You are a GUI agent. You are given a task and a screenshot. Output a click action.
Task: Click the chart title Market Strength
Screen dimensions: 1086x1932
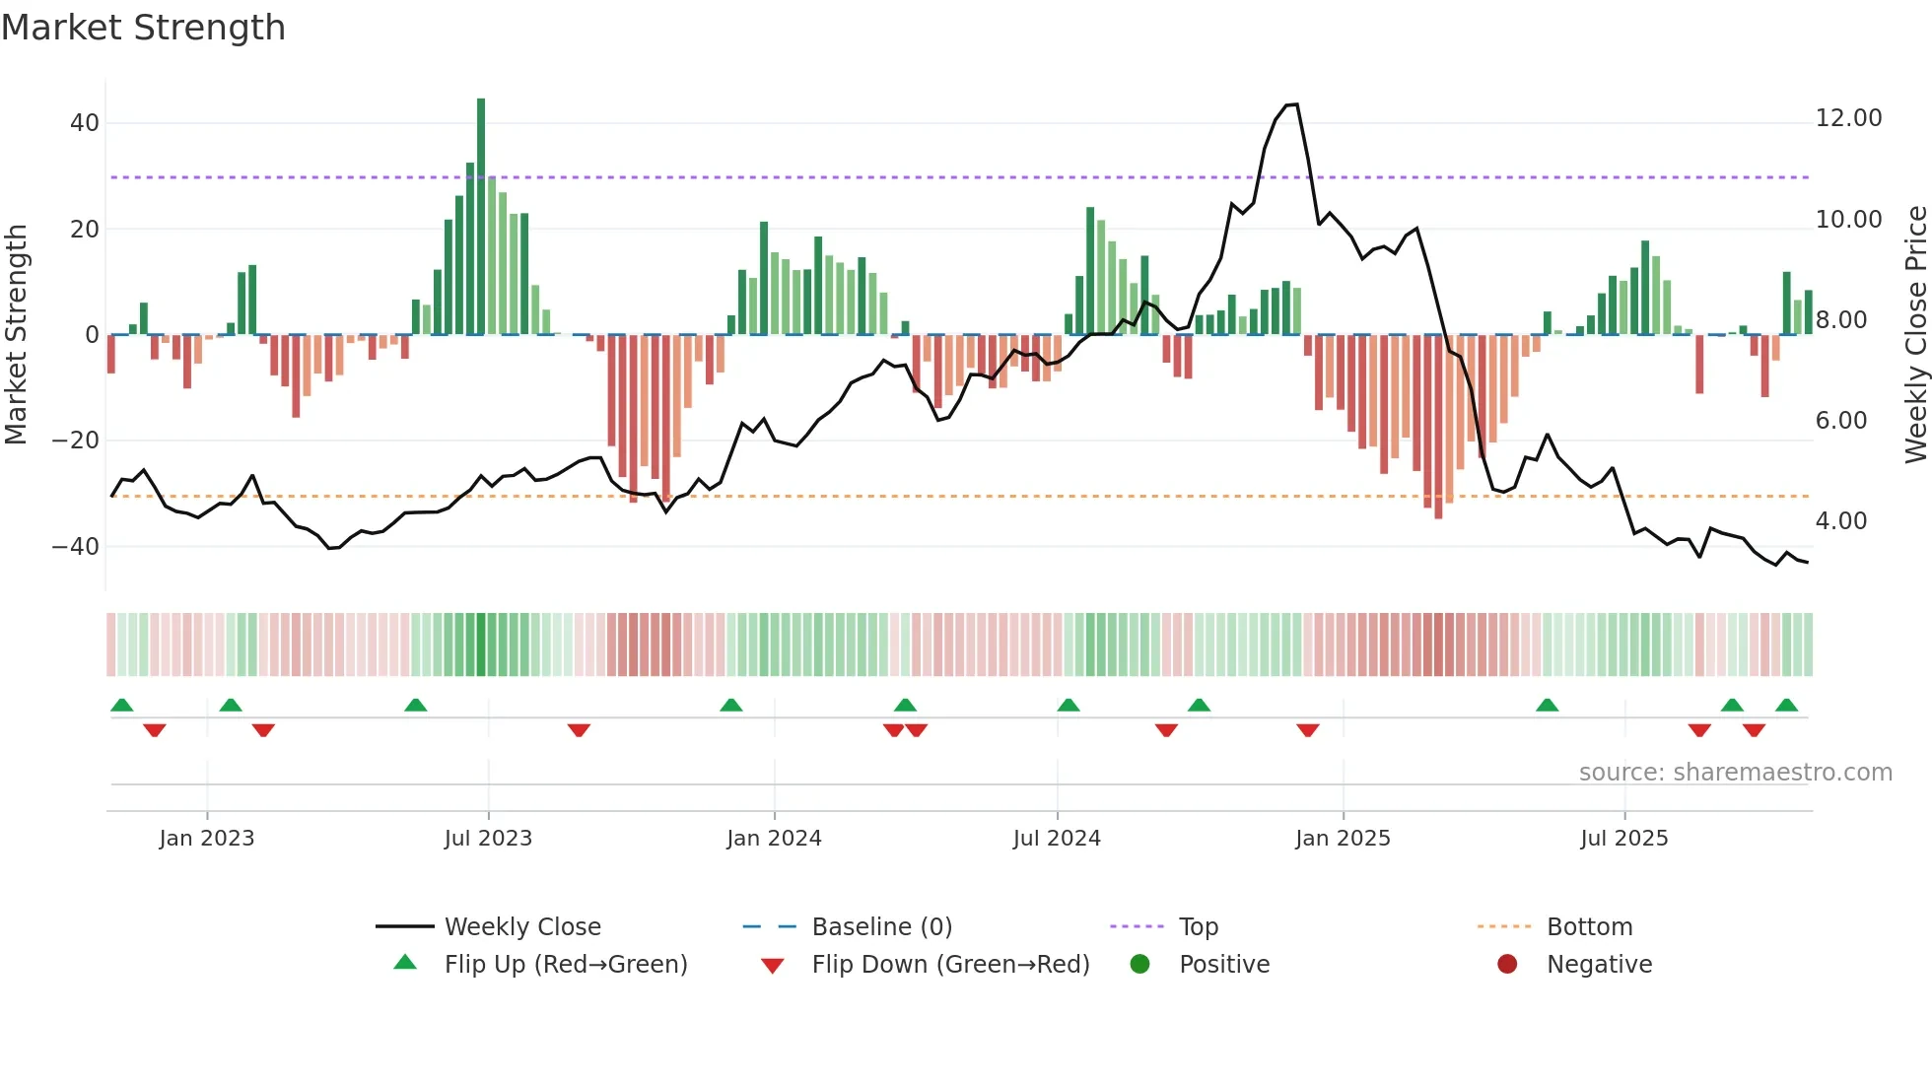pos(143,28)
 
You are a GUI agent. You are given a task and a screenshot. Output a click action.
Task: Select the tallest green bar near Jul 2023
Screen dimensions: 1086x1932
pos(481,217)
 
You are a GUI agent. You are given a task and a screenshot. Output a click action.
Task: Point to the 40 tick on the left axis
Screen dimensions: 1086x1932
pos(85,123)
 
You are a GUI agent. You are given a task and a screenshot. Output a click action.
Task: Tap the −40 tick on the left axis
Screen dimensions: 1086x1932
pos(76,546)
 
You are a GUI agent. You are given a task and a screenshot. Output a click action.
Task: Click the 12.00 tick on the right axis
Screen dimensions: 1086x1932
pos(1848,118)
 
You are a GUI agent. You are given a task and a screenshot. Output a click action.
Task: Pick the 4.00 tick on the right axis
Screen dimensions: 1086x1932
pos(1840,521)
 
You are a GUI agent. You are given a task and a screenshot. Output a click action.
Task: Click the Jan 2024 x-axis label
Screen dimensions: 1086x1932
pos(774,839)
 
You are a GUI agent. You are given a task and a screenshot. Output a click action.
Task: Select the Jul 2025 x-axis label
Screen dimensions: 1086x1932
pos(1623,839)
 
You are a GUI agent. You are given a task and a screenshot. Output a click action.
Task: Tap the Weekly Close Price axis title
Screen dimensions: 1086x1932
pos(1915,334)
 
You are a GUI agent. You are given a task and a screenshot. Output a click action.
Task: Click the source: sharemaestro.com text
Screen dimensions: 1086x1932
pos(1735,773)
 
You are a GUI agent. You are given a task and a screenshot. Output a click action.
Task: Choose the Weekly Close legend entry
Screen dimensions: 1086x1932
pos(521,927)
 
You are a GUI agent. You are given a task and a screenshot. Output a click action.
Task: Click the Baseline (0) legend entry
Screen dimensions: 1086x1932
pos(881,927)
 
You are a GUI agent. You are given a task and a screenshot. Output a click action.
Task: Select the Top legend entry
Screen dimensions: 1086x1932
pos(1198,927)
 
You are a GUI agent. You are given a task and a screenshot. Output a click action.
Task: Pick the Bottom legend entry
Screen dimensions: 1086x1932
pos(1589,927)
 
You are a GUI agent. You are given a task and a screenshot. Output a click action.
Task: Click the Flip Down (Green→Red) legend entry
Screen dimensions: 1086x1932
pos(949,965)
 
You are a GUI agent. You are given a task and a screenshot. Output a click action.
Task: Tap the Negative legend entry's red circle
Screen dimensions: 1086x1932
pos(1507,965)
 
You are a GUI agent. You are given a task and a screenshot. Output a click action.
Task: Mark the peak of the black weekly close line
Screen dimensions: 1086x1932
pos(1295,104)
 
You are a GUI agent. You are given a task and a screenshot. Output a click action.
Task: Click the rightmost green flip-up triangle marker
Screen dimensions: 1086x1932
pos(1786,705)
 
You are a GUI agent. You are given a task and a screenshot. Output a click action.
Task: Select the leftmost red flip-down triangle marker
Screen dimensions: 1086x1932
pos(155,730)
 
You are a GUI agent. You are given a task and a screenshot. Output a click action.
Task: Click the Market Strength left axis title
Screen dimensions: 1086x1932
pos(17,334)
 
